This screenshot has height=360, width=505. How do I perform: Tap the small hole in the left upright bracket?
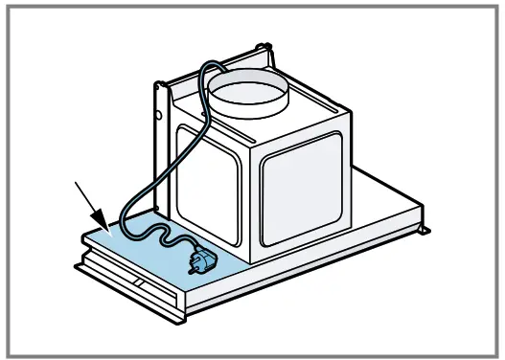pos(159,118)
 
